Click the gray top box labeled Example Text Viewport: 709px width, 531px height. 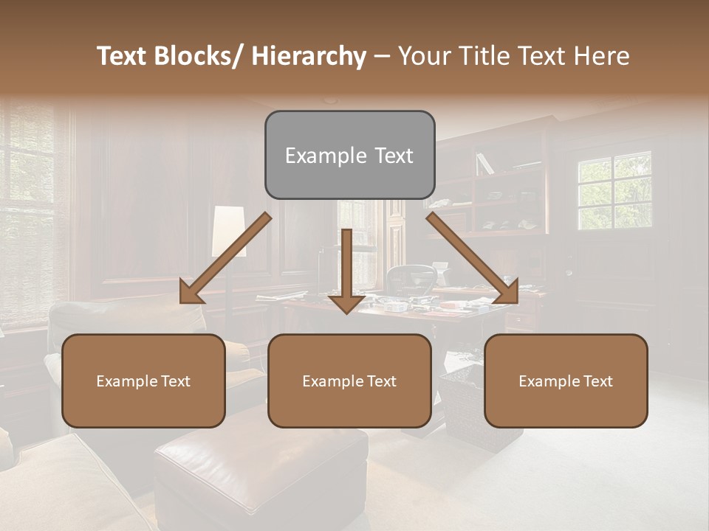(x=349, y=155)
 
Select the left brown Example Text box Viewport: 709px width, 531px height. (x=143, y=381)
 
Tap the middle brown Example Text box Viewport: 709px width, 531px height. (x=349, y=381)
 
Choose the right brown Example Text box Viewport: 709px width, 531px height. (x=566, y=381)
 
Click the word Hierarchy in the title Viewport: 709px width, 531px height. (x=308, y=56)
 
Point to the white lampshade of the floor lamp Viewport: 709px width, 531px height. (x=228, y=231)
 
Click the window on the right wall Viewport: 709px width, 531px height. (x=614, y=190)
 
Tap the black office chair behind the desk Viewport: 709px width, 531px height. (x=411, y=279)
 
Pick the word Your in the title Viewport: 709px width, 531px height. (x=425, y=56)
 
